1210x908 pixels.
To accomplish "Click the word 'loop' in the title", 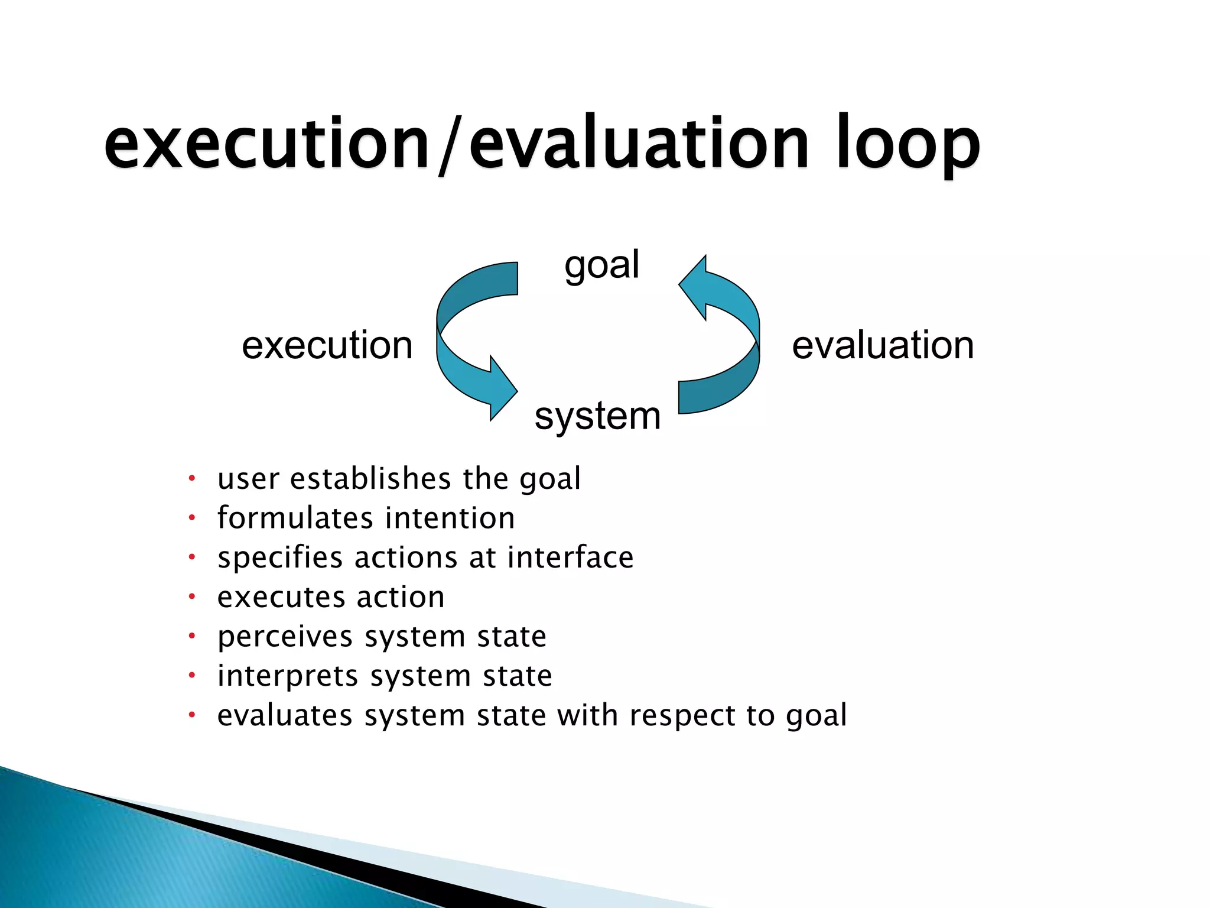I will pos(907,145).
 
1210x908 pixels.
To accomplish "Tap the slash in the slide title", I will pos(449,145).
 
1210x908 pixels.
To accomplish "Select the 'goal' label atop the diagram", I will pos(601,264).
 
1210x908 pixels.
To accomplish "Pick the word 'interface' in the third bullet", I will pos(570,557).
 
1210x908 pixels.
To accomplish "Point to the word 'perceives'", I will pos(285,637).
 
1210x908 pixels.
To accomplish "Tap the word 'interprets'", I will pos(288,676).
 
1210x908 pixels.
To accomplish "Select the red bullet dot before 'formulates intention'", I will pos(191,518).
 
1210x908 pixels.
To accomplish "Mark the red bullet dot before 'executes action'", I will pos(191,597).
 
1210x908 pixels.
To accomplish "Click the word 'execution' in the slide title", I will pos(266,145).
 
